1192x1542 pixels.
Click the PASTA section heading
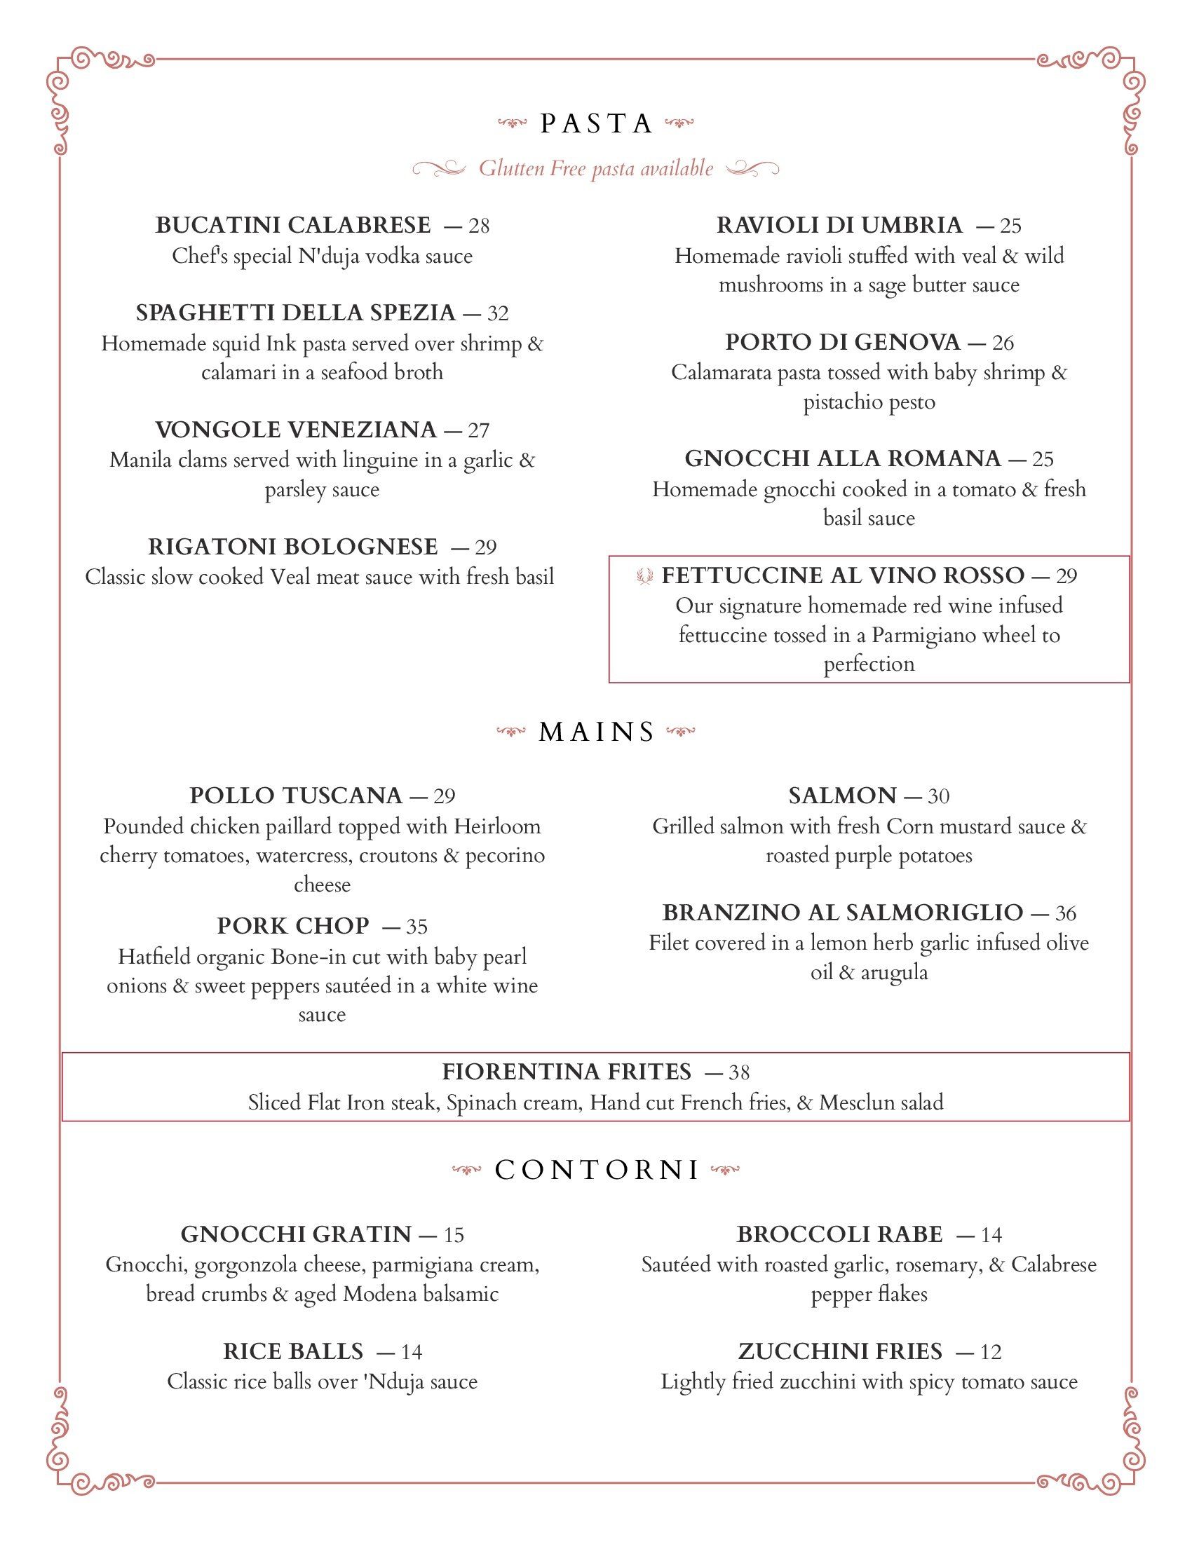coord(596,124)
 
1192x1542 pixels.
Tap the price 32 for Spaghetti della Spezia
coord(498,313)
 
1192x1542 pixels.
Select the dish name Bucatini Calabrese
coord(292,225)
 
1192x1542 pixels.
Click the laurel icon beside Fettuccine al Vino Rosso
coord(644,576)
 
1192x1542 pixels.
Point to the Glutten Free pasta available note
coord(596,169)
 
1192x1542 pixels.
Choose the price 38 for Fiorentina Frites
coord(738,1072)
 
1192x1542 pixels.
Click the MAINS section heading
coord(597,732)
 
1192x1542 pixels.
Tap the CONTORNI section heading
coord(597,1170)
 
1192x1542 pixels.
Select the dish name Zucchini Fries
coord(840,1351)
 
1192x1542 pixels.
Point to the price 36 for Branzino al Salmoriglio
coord(1066,913)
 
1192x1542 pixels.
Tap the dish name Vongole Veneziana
coord(296,429)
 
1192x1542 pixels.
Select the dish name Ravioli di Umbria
coord(839,225)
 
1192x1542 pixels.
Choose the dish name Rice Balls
coord(293,1351)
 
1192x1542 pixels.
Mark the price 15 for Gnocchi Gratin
coord(454,1235)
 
